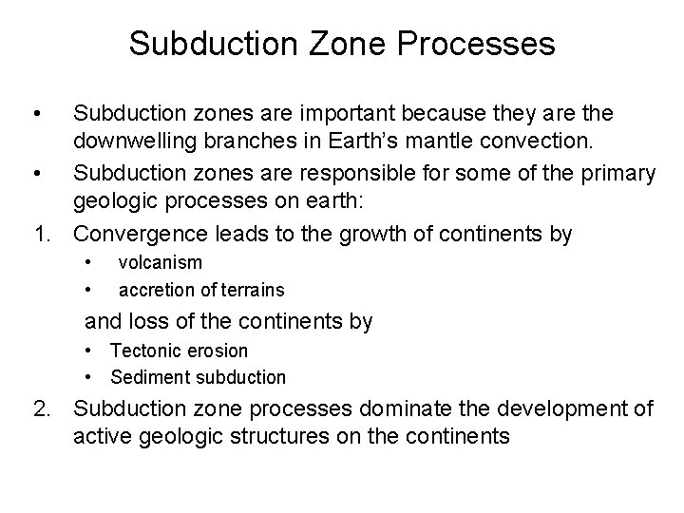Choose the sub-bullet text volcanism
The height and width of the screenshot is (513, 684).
click(160, 262)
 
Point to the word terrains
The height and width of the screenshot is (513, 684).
click(251, 288)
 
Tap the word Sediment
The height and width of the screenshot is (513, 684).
click(148, 377)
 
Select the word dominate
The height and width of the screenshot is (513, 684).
click(397, 410)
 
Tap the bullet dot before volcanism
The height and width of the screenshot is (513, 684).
click(87, 261)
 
